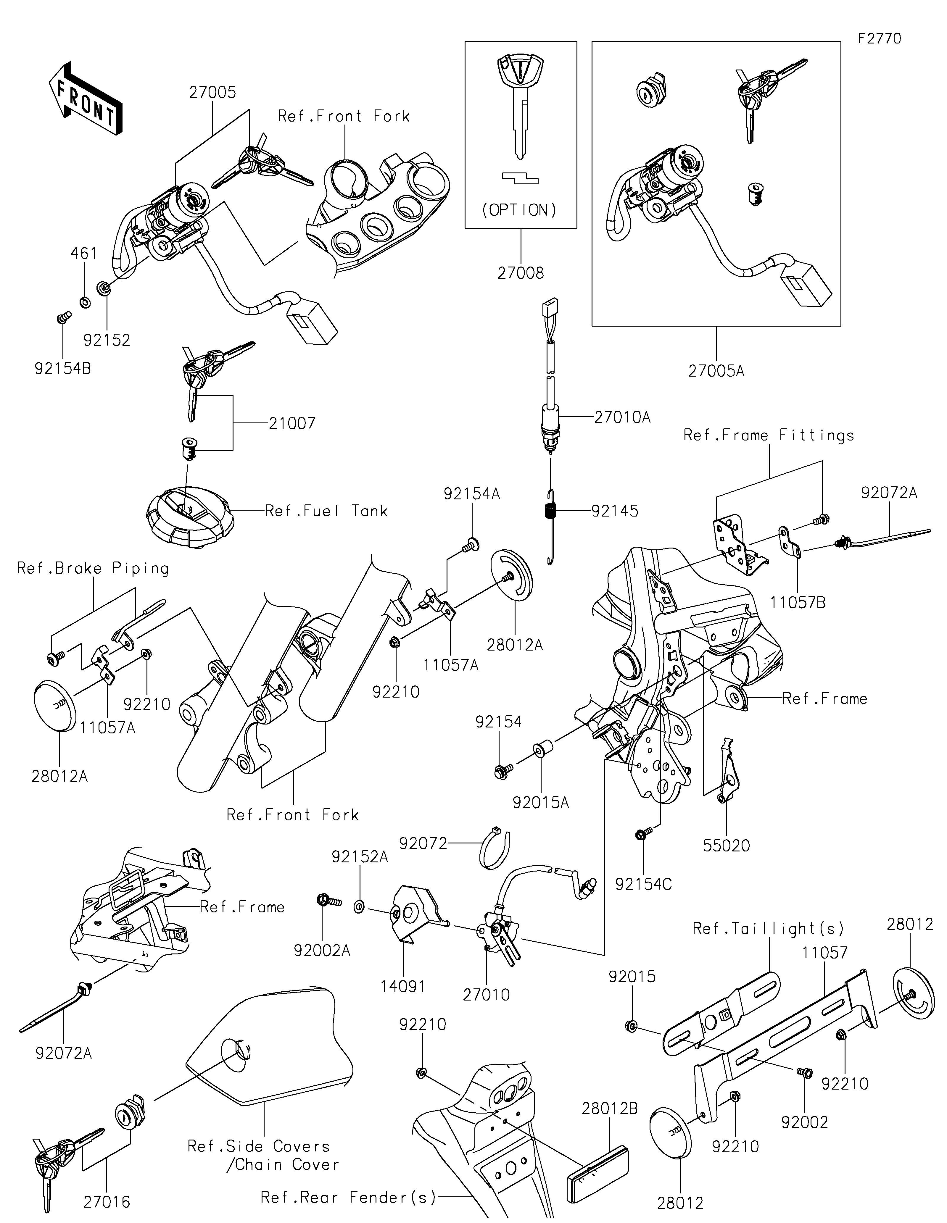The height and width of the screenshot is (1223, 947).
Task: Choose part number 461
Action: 84,254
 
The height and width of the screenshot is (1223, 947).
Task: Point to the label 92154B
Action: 63,369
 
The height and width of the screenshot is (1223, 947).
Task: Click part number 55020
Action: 726,846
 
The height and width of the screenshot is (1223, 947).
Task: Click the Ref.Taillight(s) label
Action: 768,928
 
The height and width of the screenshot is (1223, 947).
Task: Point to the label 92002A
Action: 323,950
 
